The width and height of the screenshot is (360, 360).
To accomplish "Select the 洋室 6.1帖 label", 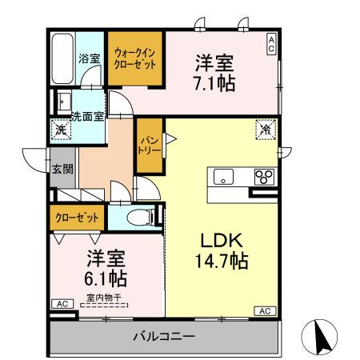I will [x=106, y=269].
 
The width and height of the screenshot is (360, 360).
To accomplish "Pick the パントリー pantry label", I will [x=149, y=144].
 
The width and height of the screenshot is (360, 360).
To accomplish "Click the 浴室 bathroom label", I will [x=88, y=58].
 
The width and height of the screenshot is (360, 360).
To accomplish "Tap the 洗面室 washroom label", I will [x=86, y=116].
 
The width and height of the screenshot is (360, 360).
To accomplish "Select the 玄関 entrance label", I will [x=63, y=169].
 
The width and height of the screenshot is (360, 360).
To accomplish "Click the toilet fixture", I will [x=140, y=216].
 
